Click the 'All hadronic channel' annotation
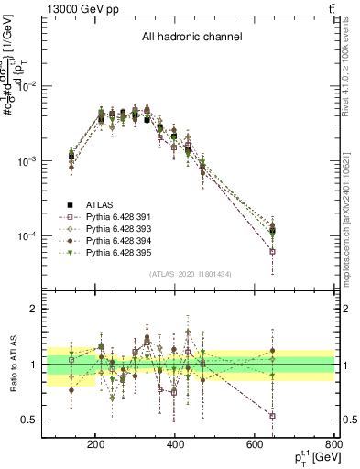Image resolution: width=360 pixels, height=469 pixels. point(191,38)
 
